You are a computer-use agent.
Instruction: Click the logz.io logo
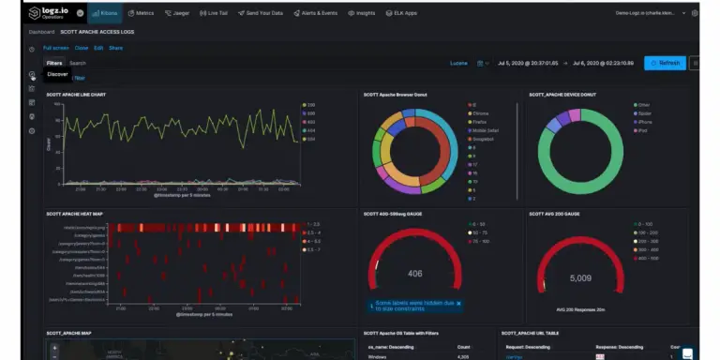45,13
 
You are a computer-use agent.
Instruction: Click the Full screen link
55,47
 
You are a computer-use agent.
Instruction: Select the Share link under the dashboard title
115,47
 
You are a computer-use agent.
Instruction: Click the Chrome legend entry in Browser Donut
479,112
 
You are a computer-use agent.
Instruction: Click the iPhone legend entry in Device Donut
644,121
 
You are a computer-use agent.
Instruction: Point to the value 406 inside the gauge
415,274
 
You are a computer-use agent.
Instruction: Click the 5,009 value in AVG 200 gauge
580,277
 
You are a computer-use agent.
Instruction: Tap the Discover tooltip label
57,73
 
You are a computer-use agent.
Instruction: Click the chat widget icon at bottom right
687,352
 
